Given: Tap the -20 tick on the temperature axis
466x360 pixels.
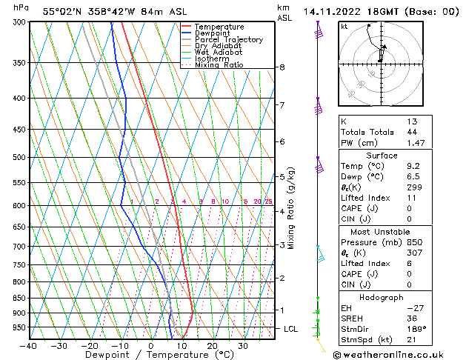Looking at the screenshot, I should click(90, 345).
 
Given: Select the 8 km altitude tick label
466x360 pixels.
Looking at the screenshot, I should click(282, 67).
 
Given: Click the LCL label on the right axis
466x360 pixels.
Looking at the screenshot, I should click(292, 328).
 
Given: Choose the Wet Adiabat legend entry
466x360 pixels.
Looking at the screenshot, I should click(219, 53).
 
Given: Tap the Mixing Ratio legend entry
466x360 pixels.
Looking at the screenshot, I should click(219, 65).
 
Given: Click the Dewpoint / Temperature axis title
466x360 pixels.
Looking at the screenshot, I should click(151, 355).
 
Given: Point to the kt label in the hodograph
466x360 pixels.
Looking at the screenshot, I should click(344, 26).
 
